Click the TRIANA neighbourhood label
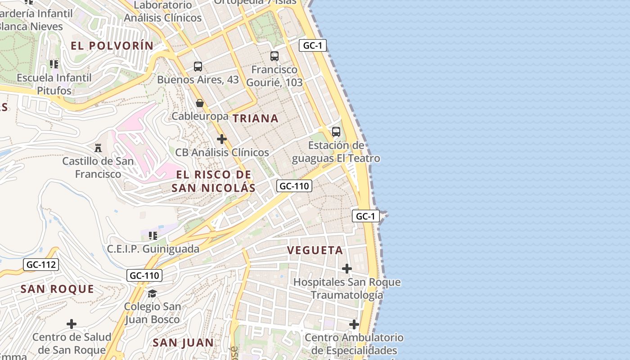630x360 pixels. pos(255,118)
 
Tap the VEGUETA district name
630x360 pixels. pos(315,251)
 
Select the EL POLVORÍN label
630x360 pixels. pos(112,45)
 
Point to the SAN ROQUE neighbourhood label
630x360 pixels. pos(57,289)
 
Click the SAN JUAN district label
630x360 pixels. pos(183,342)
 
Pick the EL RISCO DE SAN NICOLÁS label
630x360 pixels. pos(213,181)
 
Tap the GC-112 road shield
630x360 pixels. pos(41,265)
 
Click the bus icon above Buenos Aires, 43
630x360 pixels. pos(198,67)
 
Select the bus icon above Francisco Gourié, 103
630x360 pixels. pos(274,56)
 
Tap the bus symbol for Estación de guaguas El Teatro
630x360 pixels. pos(336,132)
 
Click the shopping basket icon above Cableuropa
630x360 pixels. pos(200,103)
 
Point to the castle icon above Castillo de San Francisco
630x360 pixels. pos(98,148)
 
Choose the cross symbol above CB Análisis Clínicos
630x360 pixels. pos(222,139)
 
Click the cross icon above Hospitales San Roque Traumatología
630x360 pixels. pos(347,269)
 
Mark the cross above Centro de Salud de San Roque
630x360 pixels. pos(72,324)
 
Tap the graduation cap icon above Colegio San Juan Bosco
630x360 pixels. pos(153,293)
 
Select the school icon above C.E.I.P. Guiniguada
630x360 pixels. pos(153,235)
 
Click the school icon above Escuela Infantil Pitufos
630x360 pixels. pos(54,64)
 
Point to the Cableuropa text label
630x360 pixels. pos(200,117)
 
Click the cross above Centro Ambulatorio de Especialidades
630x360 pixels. pos(354,324)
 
